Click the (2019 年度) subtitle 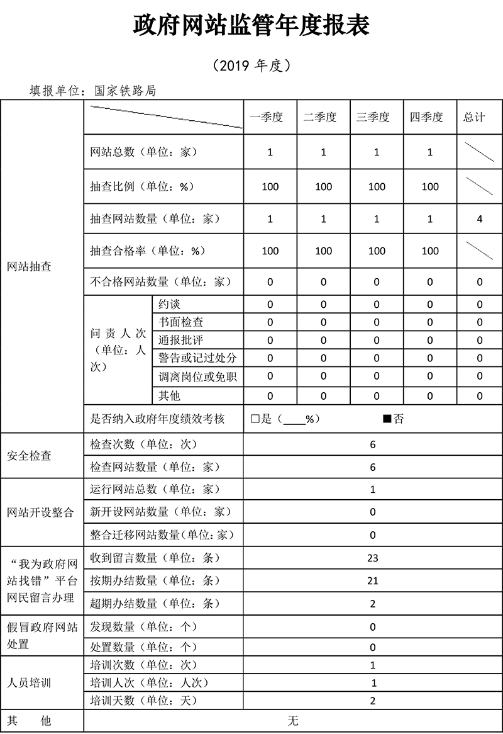click(251, 65)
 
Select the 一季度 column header click(270, 117)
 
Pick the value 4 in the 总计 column click(479, 219)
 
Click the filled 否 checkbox click(387, 419)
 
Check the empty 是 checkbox click(255, 419)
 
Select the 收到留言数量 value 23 click(373, 558)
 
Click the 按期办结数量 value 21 click(373, 580)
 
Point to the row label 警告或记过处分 click(197, 358)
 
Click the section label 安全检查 click(29, 456)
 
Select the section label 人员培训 click(29, 682)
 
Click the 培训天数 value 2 click(373, 701)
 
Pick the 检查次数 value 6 click(373, 444)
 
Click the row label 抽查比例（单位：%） click(142, 186)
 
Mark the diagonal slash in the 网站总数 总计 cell click(479, 152)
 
